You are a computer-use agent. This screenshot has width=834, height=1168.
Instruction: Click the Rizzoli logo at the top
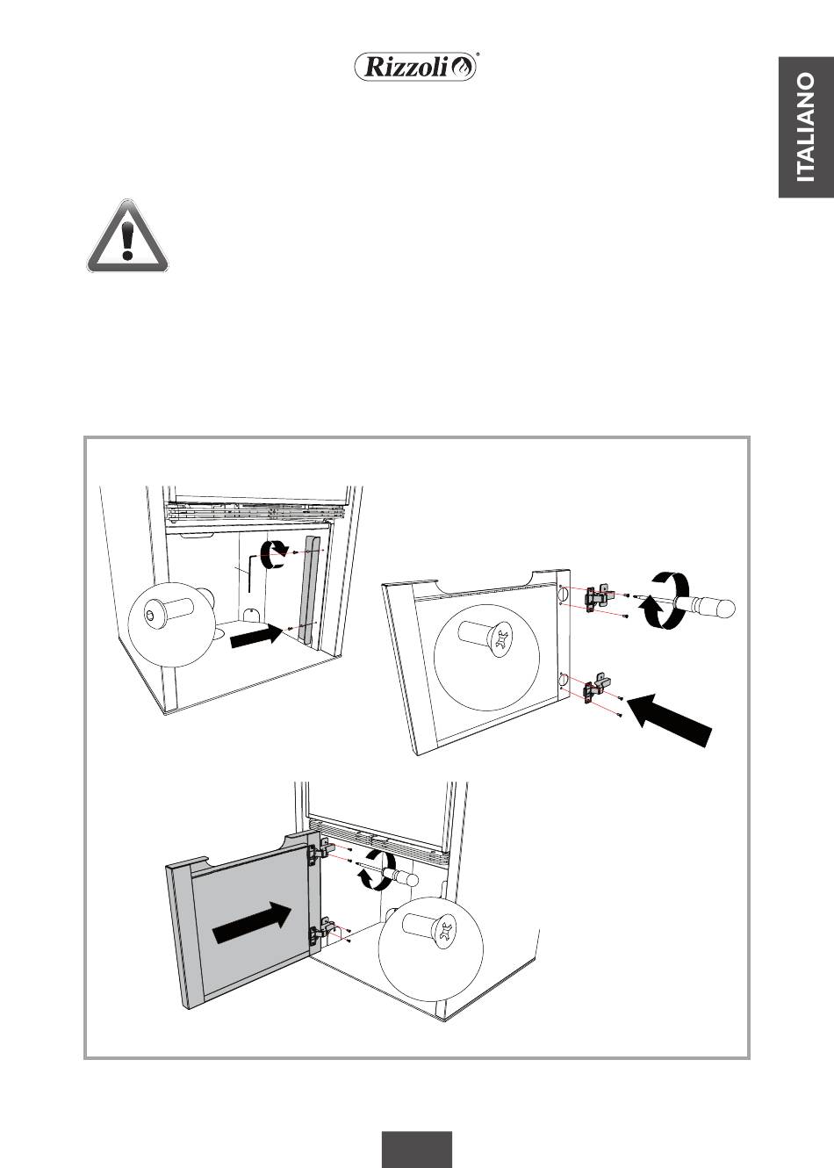pos(416,67)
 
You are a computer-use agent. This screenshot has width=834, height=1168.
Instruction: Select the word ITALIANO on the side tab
pos(805,127)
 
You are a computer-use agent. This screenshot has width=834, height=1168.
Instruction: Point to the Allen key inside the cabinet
pos(251,567)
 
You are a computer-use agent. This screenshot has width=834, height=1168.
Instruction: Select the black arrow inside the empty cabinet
pos(255,636)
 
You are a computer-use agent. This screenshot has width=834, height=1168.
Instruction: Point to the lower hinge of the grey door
pos(319,934)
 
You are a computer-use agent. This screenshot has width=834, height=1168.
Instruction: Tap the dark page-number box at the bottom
pos(417,1149)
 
